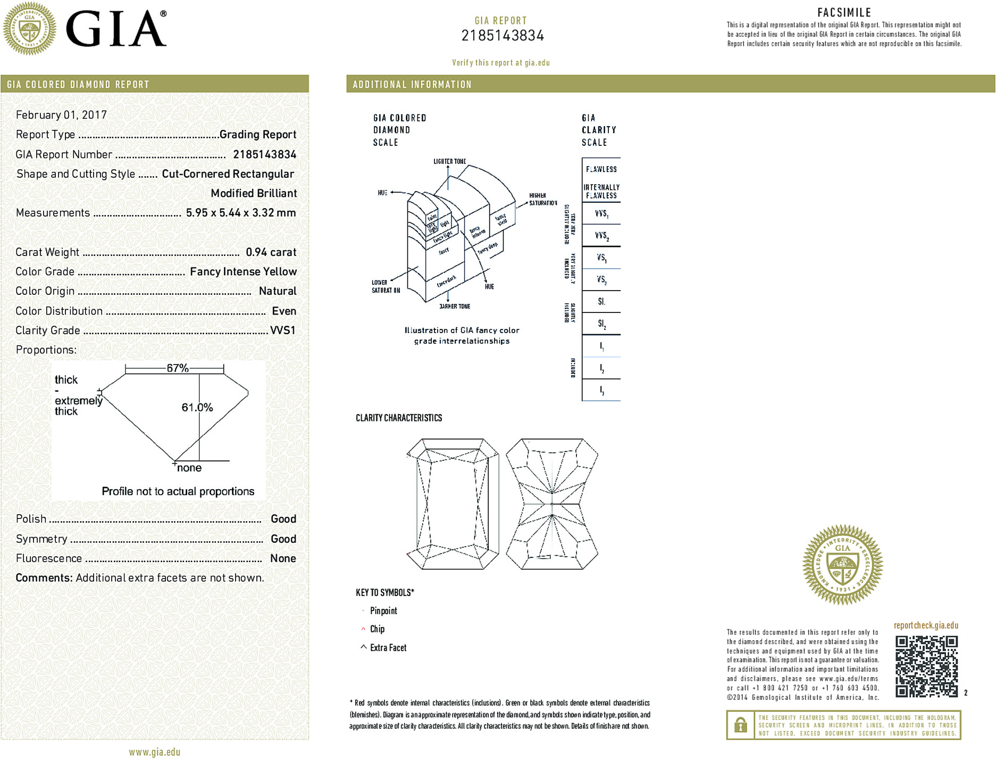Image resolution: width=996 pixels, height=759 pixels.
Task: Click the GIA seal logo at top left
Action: coord(29,29)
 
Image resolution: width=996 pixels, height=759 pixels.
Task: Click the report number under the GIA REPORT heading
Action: coord(503,36)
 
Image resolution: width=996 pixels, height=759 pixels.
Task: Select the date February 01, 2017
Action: coord(61,115)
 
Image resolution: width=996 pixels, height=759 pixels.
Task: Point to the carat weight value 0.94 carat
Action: coord(271,252)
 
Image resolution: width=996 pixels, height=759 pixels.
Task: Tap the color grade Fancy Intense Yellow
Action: coord(243,271)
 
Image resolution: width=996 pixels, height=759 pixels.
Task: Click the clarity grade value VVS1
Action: coord(282,331)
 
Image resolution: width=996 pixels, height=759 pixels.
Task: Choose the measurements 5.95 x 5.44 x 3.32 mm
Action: coord(240,213)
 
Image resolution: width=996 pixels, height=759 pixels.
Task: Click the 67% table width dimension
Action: coord(178,368)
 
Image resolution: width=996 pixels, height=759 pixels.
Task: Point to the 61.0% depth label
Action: coord(197,407)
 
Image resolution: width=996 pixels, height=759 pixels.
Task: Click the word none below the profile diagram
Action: coord(189,468)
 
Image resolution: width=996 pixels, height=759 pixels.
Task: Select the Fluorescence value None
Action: coord(283,558)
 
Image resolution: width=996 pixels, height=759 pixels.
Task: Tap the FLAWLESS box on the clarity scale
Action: coord(601,169)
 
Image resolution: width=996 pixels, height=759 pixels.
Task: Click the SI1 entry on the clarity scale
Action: coord(601,302)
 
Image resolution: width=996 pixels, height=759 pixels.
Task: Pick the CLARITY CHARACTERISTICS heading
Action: coord(399,418)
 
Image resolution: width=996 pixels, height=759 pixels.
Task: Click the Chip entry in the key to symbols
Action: coord(377,629)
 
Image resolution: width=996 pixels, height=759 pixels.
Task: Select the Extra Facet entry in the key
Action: coord(388,648)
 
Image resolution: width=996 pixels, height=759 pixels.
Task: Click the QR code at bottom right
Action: coord(926,666)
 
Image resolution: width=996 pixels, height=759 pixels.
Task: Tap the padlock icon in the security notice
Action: coord(740,725)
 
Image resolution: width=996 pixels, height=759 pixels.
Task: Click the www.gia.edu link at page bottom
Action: coord(154,752)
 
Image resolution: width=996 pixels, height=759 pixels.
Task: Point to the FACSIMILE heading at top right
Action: coord(844,13)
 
